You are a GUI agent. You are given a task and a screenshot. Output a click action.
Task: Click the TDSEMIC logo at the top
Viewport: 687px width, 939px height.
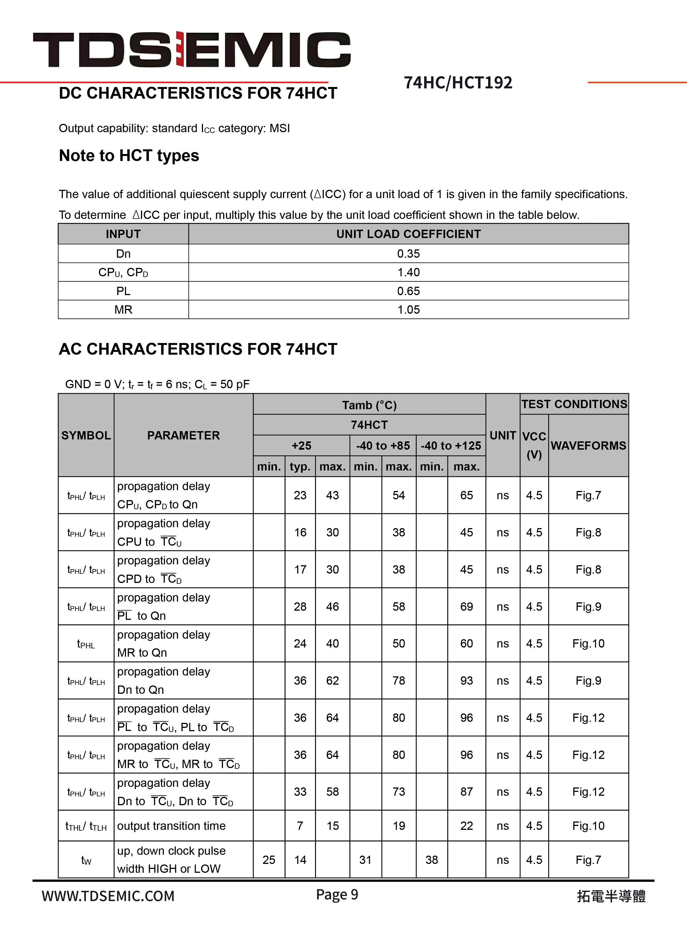[x=191, y=50]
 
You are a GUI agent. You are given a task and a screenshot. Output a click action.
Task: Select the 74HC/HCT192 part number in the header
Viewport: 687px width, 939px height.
[x=458, y=83]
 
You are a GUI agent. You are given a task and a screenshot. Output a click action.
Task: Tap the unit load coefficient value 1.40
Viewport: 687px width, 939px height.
[x=408, y=272]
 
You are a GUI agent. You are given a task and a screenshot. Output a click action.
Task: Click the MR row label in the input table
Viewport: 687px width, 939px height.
[x=123, y=310]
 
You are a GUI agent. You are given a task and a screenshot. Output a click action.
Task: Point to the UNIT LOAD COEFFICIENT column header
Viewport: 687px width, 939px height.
[x=408, y=234]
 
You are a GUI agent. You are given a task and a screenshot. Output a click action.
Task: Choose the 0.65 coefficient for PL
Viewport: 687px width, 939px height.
[x=408, y=291]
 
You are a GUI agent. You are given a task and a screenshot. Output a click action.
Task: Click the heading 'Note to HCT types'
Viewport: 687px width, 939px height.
[x=129, y=155]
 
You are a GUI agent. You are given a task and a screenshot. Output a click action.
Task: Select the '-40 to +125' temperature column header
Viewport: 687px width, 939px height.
[x=451, y=446]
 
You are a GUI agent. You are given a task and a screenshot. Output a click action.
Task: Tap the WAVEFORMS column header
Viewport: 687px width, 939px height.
[x=588, y=446]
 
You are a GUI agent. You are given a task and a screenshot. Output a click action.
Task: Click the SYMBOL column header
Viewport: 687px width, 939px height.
[x=86, y=435]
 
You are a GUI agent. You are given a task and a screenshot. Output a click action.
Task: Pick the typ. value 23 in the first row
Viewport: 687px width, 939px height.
[x=300, y=495]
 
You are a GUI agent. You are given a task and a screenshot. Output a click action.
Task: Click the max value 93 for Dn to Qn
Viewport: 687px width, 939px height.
[x=466, y=681]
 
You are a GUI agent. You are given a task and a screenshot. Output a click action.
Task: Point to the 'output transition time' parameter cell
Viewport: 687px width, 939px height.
[x=171, y=826]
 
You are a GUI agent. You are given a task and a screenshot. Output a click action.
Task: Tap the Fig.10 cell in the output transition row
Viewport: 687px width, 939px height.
[x=588, y=826]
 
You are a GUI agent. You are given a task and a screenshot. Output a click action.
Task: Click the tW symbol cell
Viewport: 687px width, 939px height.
[x=86, y=860]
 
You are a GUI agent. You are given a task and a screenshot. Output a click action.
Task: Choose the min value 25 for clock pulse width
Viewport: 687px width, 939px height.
[x=269, y=860]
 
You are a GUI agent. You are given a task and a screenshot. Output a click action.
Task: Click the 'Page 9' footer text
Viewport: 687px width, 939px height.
[x=337, y=894]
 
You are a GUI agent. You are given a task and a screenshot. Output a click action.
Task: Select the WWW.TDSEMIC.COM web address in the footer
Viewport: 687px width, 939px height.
[x=108, y=896]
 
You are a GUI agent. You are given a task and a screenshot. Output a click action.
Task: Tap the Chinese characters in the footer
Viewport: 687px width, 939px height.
[x=611, y=896]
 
